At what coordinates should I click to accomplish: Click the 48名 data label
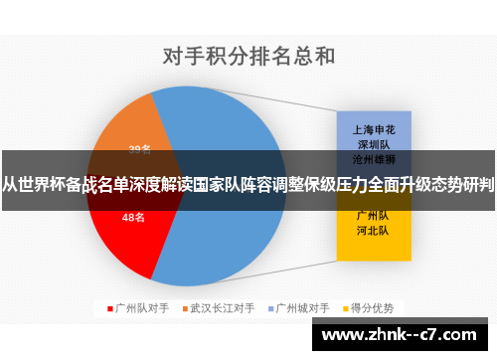click(x=133, y=217)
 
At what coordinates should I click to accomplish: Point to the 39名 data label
click(x=139, y=149)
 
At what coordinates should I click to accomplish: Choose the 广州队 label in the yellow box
click(x=373, y=215)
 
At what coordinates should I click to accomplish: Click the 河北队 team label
click(x=373, y=230)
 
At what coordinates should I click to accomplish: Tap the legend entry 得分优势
click(x=373, y=307)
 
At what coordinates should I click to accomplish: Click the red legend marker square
click(x=109, y=307)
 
